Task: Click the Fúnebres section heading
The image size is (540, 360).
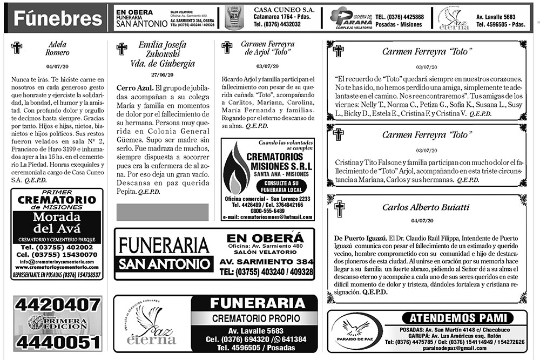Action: tap(57, 18)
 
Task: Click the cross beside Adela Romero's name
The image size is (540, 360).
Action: tap(17, 48)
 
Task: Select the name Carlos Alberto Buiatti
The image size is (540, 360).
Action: tap(426, 207)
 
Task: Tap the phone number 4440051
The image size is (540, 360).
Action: tap(58, 342)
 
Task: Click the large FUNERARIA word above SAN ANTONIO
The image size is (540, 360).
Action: tap(164, 246)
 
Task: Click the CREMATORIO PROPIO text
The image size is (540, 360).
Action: tap(254, 318)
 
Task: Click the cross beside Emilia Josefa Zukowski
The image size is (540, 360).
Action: tap(122, 49)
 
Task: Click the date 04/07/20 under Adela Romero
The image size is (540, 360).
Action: tap(57, 66)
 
